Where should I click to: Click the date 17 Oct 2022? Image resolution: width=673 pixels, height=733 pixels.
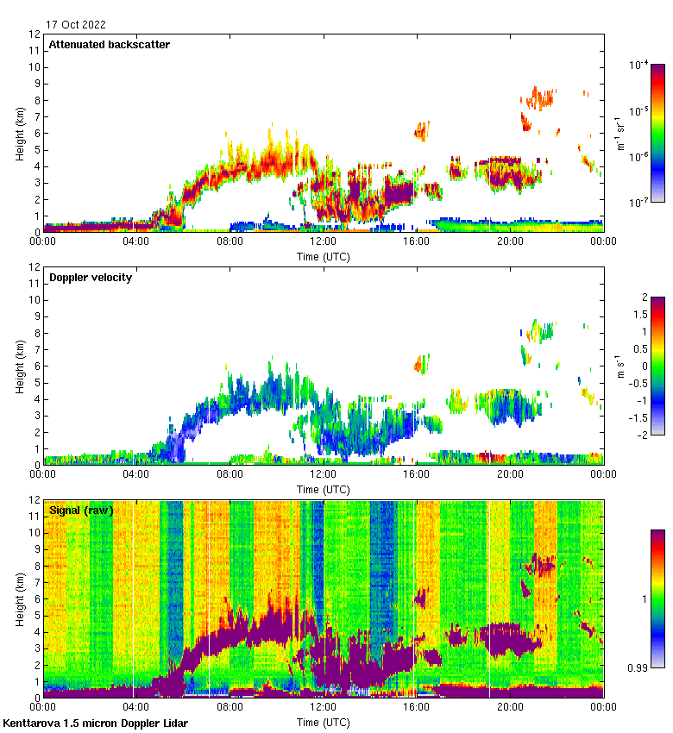77,25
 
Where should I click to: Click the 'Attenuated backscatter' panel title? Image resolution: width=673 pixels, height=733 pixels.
109,45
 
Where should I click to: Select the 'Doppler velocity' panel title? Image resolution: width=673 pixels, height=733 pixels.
91,278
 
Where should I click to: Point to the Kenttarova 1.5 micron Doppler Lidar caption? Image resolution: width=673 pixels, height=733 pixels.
95,723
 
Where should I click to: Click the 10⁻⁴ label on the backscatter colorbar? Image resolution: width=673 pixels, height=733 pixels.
639,65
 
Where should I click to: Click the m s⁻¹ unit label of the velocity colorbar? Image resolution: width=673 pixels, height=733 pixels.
620,366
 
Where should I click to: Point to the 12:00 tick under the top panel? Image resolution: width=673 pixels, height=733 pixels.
323,242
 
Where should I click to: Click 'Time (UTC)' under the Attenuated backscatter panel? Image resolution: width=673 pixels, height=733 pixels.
323,256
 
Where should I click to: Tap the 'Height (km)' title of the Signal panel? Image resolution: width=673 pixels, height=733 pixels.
18,598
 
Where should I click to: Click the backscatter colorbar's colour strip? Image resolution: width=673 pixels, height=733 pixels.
657,133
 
